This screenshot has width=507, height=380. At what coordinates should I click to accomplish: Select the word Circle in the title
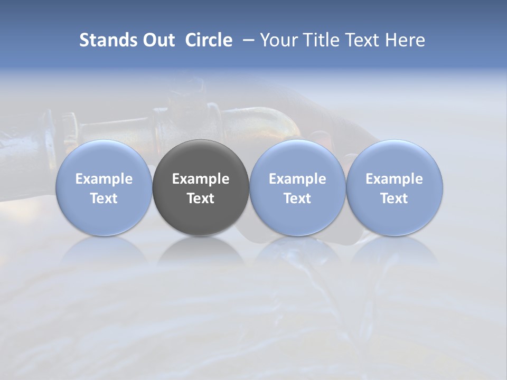pyautogui.click(x=209, y=40)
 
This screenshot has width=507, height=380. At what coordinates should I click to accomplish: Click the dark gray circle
pyautogui.click(x=201, y=158)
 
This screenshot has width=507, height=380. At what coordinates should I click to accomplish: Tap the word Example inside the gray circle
pyautogui.click(x=201, y=179)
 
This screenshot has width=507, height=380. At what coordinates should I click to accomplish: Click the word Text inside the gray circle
pyautogui.click(x=201, y=198)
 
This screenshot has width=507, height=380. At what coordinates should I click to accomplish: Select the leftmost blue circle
pyautogui.click(x=104, y=158)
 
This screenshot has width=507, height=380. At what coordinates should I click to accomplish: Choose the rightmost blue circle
pyautogui.click(x=395, y=158)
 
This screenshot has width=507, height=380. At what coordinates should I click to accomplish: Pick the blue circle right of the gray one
pyautogui.click(x=297, y=158)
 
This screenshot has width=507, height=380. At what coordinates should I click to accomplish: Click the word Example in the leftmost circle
pyautogui.click(x=104, y=179)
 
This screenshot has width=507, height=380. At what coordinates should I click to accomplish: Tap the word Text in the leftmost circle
pyautogui.click(x=104, y=198)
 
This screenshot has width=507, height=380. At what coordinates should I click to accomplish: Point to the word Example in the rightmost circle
pyautogui.click(x=395, y=179)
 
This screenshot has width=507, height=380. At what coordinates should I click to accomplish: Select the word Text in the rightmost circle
pyautogui.click(x=395, y=198)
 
